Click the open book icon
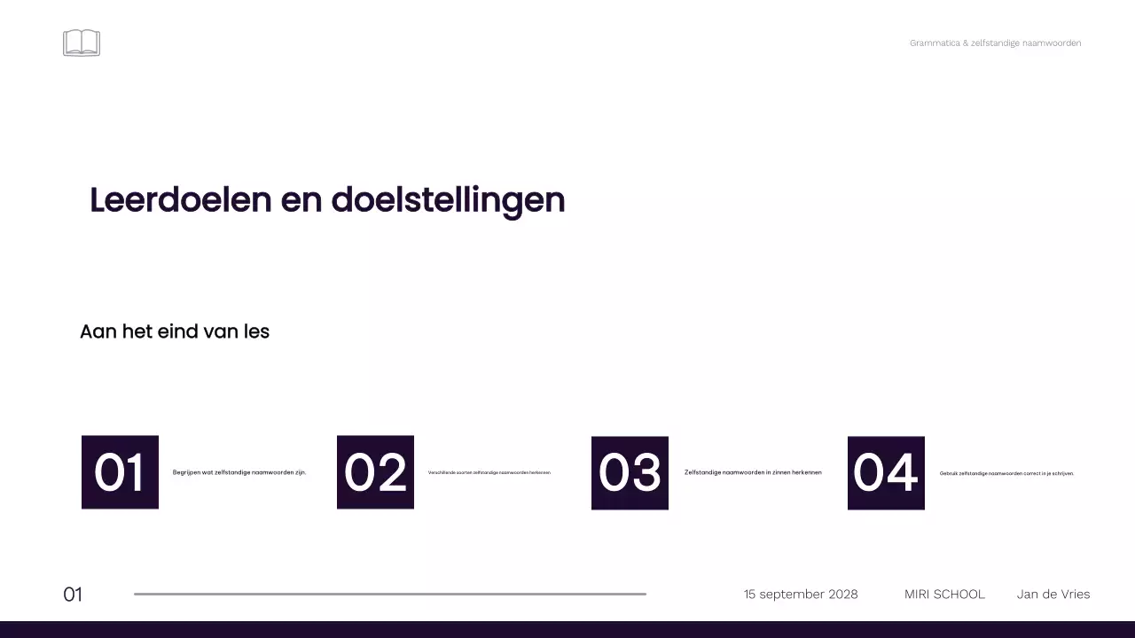82,43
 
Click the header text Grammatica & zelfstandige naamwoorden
995,43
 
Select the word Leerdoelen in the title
180,200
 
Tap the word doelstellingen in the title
448,200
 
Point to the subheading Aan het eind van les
175,331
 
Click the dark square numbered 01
120,472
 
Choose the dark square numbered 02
375,472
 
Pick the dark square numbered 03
630,472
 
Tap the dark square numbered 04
886,472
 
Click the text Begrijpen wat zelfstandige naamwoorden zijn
239,472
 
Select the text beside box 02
489,472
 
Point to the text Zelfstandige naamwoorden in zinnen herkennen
753,472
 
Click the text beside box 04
1006,473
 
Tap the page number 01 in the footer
73,595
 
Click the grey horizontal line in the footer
390,594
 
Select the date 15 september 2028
801,594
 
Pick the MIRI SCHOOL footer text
944,594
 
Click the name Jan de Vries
1053,594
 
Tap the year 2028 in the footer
842,594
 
